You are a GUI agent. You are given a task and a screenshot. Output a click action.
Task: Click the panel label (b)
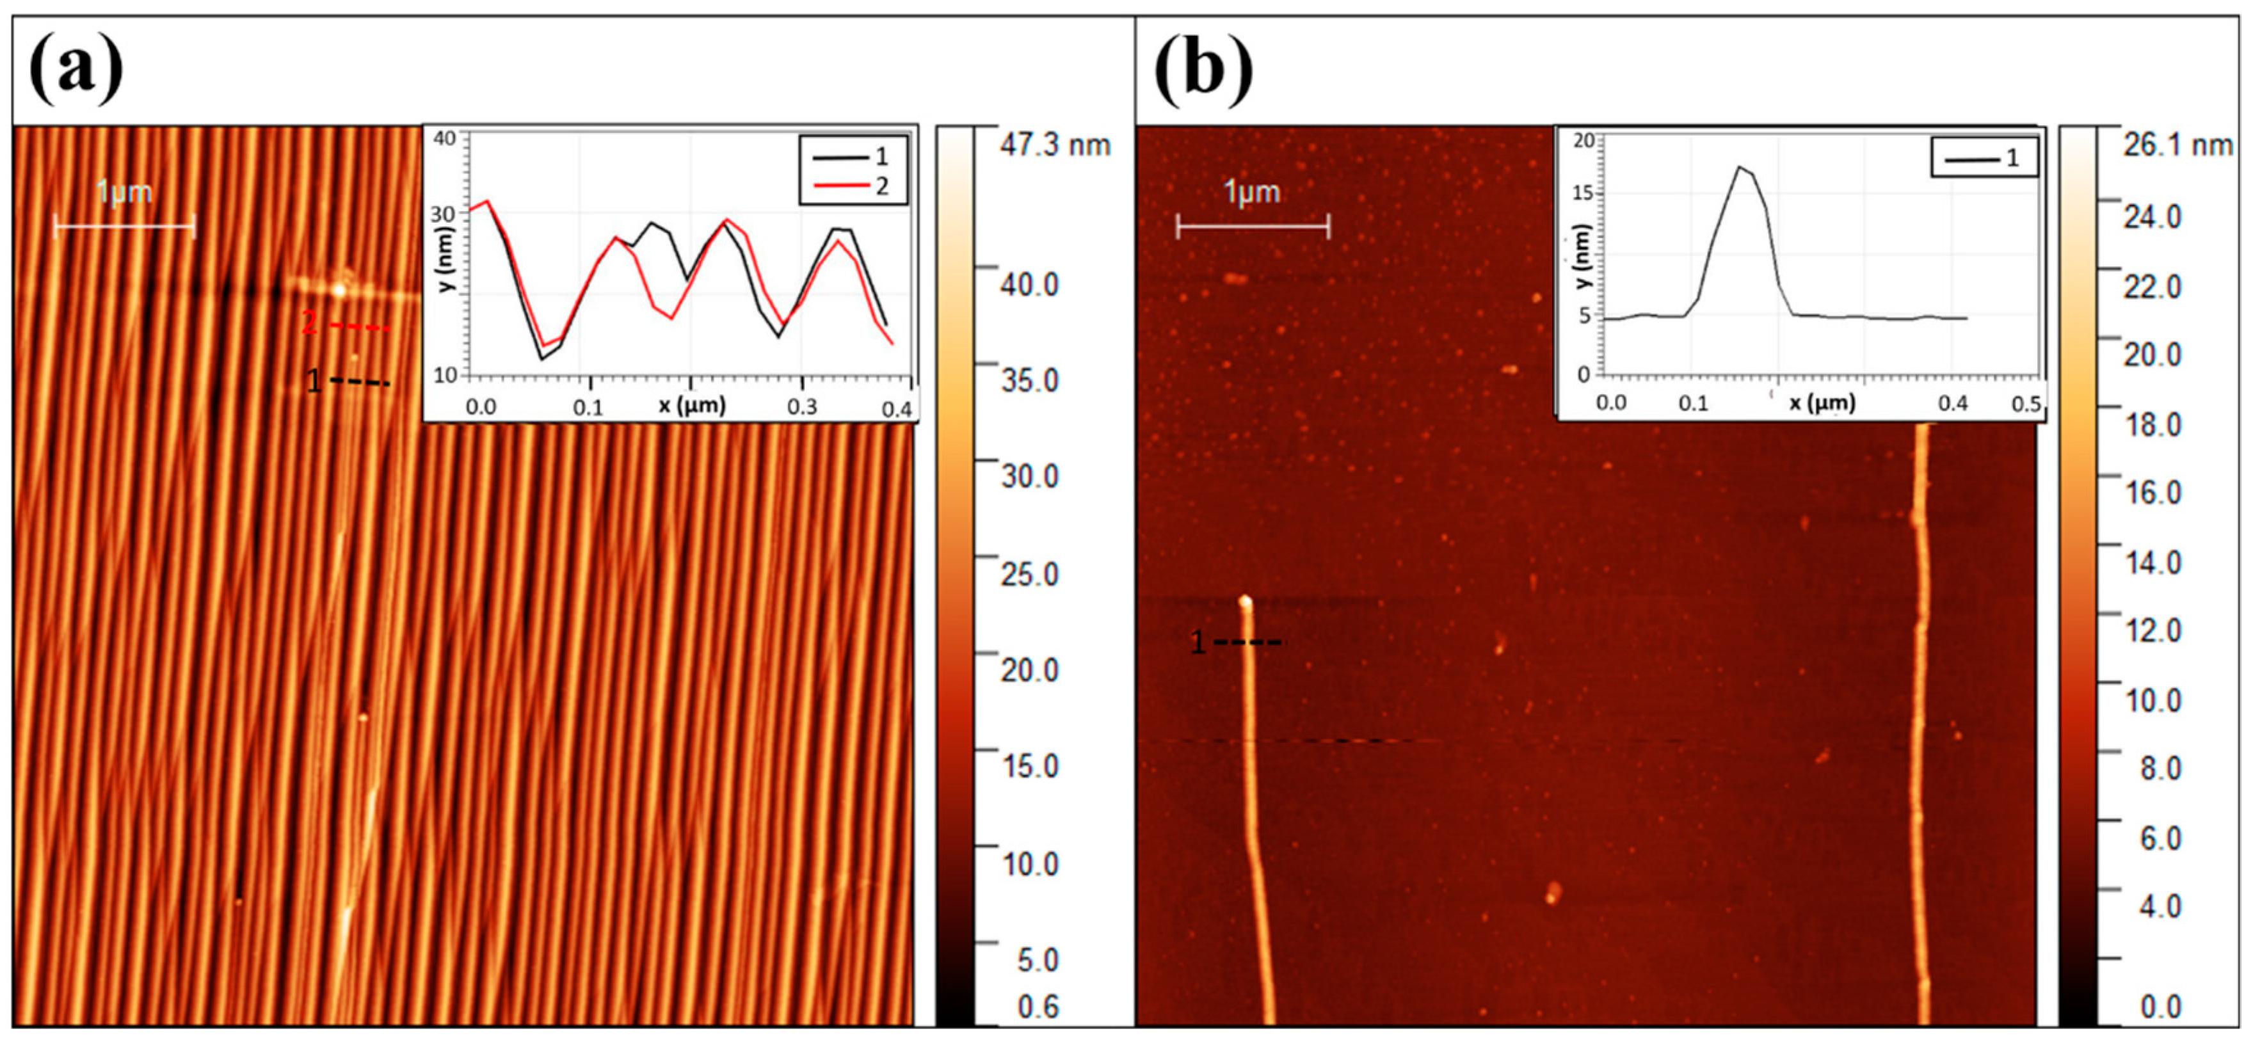click(x=1203, y=70)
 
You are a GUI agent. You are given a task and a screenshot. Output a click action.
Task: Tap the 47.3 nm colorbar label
click(x=1055, y=145)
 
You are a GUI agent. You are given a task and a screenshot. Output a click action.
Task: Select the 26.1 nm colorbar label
click(x=2177, y=145)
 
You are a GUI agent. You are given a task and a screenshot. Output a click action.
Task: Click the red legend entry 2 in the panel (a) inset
click(x=853, y=186)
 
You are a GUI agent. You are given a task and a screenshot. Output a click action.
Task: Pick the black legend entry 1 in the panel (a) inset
click(x=853, y=157)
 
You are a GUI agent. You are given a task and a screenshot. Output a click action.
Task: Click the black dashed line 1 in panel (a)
click(x=360, y=382)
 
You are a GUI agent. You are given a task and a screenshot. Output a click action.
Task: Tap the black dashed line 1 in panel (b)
click(x=1249, y=643)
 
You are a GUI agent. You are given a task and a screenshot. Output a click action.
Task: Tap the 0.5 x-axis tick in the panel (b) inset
click(x=2026, y=404)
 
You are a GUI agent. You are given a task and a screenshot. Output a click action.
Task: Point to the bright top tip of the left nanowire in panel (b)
click(x=1246, y=602)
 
